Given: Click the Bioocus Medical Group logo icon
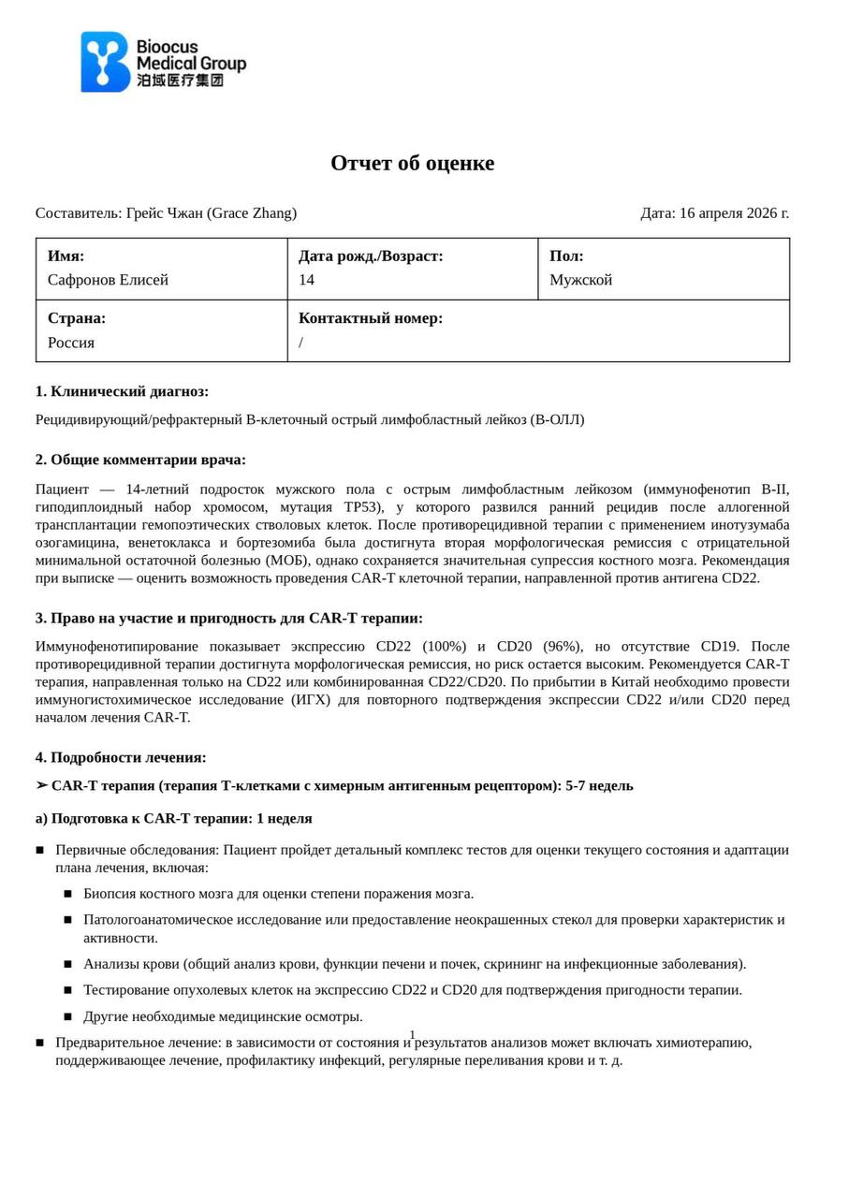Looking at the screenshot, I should click(x=104, y=62).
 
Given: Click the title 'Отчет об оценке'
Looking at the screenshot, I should click(x=412, y=164).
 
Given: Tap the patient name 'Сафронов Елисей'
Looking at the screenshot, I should click(x=108, y=280).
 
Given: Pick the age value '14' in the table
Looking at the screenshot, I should click(x=307, y=280).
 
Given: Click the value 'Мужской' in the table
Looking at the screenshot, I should click(x=580, y=280).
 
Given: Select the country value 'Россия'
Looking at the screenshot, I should click(x=71, y=343).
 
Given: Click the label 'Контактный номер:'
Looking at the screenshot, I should click(x=371, y=318).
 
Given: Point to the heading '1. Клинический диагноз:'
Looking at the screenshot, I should click(x=122, y=391).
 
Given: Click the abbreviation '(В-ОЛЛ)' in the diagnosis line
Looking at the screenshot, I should click(x=557, y=420).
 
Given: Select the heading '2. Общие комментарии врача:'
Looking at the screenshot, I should click(x=140, y=460).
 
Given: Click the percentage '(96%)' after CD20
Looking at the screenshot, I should click(x=562, y=647).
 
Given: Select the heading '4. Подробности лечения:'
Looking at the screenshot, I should click(x=121, y=758).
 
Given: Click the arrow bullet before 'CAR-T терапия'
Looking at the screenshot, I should click(x=41, y=785).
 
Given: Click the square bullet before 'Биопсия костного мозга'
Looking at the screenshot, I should click(x=67, y=894).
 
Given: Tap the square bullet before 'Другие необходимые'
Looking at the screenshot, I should click(x=67, y=1016).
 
